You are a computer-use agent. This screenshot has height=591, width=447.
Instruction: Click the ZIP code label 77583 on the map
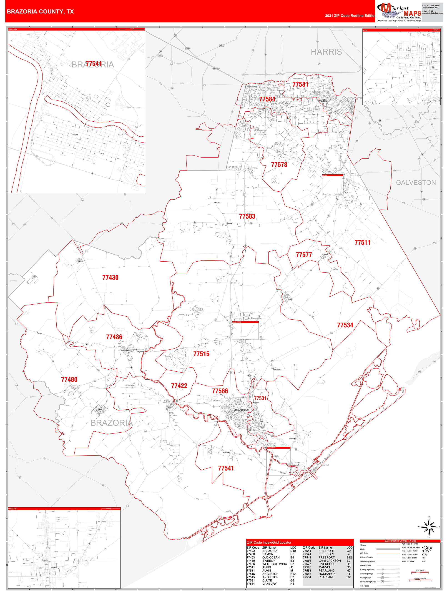(247, 216)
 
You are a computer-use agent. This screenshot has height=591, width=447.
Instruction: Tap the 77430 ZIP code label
(110, 278)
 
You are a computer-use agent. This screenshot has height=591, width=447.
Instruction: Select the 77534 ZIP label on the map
(345, 325)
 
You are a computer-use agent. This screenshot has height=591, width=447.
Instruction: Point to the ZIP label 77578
(279, 165)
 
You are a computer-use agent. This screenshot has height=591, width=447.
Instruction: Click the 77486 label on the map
(114, 337)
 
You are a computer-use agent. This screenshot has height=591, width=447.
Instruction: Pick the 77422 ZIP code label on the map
(179, 386)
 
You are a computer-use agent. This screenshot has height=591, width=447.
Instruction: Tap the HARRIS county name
(326, 52)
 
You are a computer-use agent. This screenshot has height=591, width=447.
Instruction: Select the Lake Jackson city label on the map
(241, 410)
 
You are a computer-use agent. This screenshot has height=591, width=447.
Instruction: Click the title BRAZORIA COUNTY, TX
(40, 12)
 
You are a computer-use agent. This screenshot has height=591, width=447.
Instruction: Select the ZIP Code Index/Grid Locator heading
(269, 543)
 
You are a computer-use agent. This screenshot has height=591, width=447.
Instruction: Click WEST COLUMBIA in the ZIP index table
(274, 564)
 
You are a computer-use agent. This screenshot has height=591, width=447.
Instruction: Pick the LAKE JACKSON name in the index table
(329, 561)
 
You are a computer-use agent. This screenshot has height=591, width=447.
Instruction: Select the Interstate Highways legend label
(368, 582)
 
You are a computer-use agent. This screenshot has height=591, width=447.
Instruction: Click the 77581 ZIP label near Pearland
(300, 84)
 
